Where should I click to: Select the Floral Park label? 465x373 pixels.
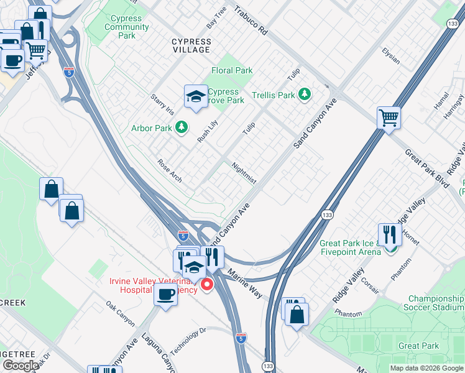232,70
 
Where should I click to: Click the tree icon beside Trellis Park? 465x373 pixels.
304,94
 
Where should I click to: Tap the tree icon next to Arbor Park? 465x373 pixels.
181,127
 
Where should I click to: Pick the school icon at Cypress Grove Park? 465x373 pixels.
196,97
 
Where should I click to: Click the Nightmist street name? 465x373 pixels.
244,173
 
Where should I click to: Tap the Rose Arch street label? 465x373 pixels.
170,171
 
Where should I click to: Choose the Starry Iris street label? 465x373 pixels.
162,104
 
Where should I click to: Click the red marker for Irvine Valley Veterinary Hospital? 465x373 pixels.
206,285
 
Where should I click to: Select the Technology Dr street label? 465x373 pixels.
188,341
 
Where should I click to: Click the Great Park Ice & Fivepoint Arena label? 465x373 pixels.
350,247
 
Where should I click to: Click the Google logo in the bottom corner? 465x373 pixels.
21,366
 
